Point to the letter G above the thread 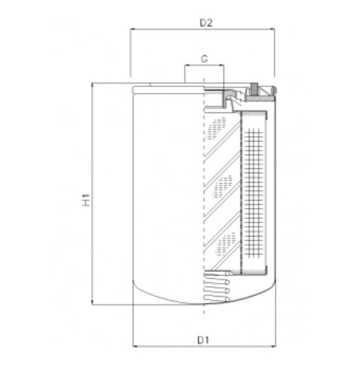pyautogui.click(x=204, y=59)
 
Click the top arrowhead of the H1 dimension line pyautogui.click(x=92, y=86)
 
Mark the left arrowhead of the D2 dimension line pyautogui.click(x=132, y=30)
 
